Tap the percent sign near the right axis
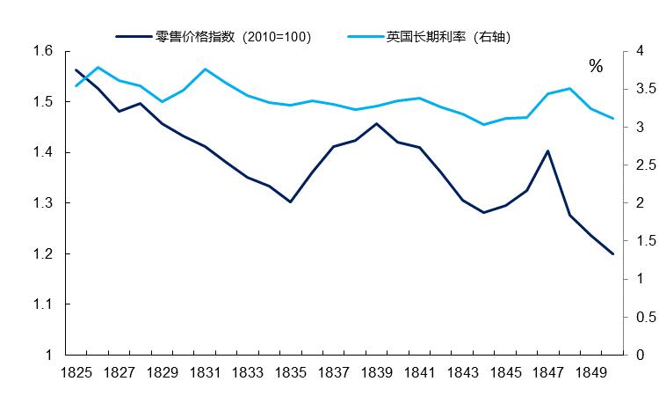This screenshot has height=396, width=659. (x=596, y=67)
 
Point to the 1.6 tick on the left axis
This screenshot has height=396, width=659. (x=42, y=51)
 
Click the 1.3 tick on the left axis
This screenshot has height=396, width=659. (x=42, y=203)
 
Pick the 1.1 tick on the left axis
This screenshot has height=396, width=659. (x=42, y=304)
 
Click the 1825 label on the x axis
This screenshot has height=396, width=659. (x=77, y=373)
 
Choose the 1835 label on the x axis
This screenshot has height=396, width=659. (x=291, y=373)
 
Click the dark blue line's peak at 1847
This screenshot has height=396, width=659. (x=548, y=150)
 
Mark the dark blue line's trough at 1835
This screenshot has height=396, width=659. (x=291, y=202)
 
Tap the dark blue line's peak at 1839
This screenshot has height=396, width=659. (x=377, y=123)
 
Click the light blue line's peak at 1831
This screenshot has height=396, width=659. (x=205, y=69)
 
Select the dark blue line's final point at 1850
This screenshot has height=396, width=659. (x=612, y=253)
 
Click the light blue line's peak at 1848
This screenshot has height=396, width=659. (x=569, y=88)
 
